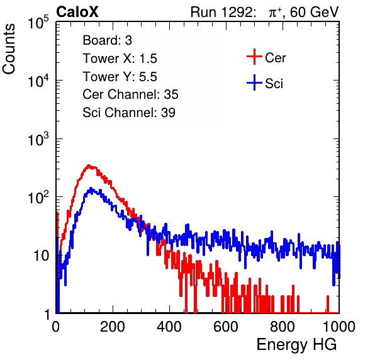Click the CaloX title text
77,12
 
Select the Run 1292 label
221,12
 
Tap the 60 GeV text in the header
314,12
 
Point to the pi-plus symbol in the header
275,13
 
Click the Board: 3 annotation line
107,40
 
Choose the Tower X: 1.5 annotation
120,59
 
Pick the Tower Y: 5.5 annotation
120,77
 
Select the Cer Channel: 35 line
130,94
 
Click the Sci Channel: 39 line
129,113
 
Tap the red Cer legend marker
254,57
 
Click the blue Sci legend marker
254,82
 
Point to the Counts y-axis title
9,49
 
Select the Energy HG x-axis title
296,345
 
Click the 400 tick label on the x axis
169,327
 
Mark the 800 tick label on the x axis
283,327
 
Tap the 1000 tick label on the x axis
339,327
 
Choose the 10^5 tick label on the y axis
38,23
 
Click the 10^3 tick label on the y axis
38,139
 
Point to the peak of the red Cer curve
89,166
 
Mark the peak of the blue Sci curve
91,188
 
